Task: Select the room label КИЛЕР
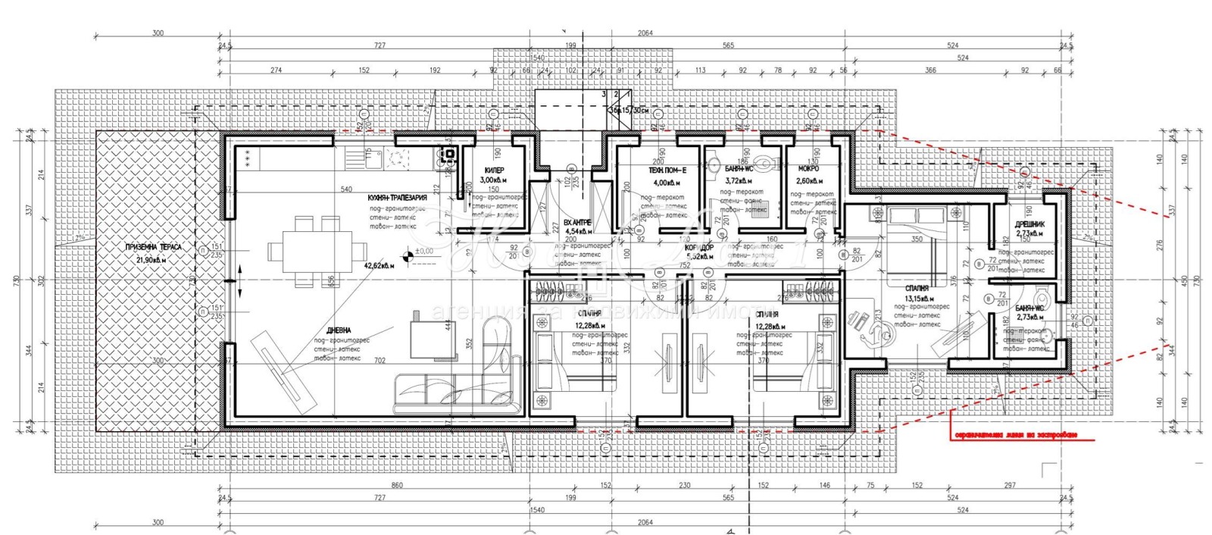(x=493, y=171)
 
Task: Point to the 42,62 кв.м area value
(x=380, y=266)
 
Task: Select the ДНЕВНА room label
(x=339, y=330)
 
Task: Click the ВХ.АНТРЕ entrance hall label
(x=577, y=222)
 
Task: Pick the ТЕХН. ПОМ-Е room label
(x=667, y=171)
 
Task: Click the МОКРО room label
(x=808, y=170)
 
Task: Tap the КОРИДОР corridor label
(x=698, y=248)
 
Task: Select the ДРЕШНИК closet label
(x=1030, y=224)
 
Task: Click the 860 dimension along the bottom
(x=397, y=485)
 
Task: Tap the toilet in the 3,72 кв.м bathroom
(x=765, y=161)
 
